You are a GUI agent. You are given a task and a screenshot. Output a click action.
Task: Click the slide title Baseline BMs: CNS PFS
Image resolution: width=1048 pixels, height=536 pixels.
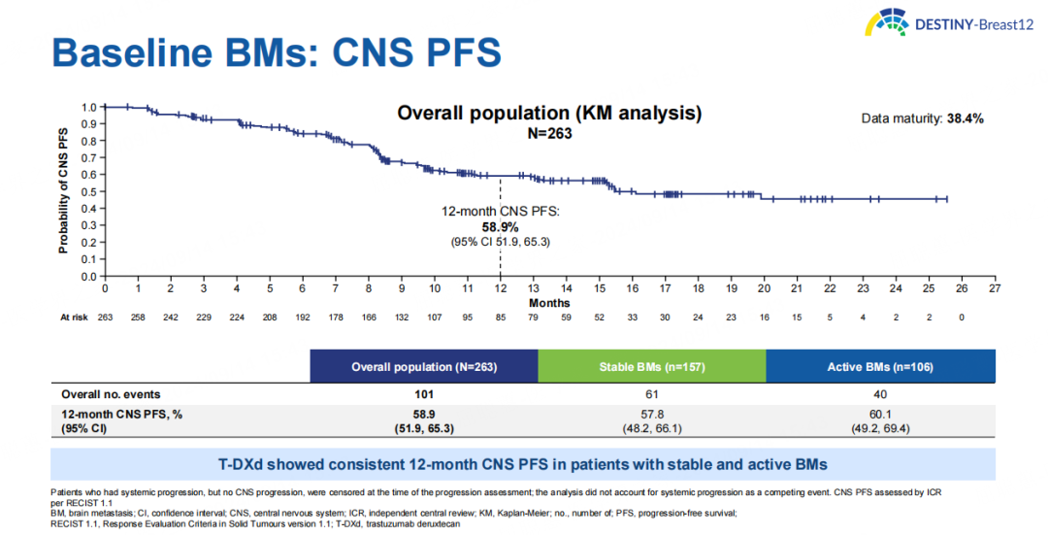[277, 52]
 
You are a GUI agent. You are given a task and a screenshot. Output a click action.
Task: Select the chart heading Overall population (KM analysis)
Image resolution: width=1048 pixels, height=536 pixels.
[549, 114]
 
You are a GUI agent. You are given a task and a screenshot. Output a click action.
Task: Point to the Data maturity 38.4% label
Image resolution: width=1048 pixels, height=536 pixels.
[923, 118]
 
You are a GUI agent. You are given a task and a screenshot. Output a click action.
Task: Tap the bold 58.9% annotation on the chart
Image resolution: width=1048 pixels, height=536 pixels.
[500, 226]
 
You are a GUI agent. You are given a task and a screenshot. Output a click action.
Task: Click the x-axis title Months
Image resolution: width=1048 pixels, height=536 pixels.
[549, 303]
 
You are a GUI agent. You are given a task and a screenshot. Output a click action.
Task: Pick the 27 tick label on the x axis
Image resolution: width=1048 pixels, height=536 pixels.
[995, 288]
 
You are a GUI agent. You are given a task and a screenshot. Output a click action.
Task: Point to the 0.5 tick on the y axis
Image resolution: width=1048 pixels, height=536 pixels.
[89, 191]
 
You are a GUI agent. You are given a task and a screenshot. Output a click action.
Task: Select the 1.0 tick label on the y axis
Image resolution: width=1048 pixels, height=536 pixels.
[89, 108]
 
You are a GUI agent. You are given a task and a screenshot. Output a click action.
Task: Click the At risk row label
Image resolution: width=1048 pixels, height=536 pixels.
[74, 318]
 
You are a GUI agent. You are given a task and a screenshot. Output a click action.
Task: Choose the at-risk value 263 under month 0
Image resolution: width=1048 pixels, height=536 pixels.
[105, 318]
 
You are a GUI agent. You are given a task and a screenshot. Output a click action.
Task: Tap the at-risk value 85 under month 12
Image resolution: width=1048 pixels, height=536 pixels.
[500, 318]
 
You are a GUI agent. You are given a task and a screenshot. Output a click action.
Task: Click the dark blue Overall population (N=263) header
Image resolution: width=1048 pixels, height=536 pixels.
[423, 367]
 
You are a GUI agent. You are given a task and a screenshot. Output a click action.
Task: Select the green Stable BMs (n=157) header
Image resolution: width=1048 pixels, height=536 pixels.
[651, 367]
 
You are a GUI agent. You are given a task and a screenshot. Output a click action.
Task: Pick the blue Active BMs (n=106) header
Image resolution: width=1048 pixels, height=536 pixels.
[879, 367]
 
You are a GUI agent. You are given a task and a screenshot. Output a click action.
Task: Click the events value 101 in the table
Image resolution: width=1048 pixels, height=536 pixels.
[423, 394]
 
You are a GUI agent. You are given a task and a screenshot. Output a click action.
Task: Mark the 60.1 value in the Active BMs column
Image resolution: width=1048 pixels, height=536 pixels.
[879, 414]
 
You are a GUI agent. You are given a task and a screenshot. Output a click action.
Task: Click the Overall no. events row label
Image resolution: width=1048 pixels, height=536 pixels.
[111, 394]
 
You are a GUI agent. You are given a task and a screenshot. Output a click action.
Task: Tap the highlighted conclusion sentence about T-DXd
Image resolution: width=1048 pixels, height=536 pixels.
[523, 463]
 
